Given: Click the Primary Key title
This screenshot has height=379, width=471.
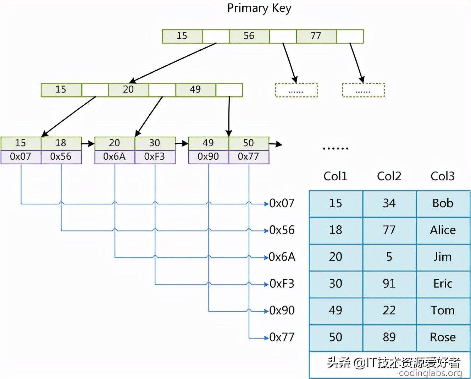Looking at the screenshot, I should point(259,8).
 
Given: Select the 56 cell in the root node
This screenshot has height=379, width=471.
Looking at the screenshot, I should point(249,36).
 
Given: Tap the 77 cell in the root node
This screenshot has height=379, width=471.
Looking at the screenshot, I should point(316,36).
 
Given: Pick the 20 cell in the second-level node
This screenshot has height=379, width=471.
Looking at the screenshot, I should point(128,90).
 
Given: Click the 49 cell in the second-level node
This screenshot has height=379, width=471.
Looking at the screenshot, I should point(195,90).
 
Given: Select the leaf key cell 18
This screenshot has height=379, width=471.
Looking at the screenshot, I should point(61,143).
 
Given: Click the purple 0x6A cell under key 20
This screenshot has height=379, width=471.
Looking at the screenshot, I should point(115,156).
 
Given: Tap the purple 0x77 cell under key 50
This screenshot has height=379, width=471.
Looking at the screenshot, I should point(249,156).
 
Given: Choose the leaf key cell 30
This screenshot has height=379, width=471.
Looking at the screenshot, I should point(155,143).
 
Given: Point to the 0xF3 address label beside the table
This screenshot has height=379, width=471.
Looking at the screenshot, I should point(282,284).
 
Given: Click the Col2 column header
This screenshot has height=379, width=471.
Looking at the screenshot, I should point(389,176).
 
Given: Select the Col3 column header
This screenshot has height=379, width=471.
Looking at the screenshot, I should point(442,176).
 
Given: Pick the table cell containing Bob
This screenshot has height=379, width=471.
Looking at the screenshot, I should point(443,203).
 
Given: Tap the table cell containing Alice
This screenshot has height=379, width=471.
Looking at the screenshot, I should point(443,230).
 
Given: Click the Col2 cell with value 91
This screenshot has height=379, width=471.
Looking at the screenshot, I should point(389,284).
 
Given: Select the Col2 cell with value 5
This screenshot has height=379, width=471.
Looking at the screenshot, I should point(389,257).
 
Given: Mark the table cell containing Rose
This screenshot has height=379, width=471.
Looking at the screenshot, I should point(443,337).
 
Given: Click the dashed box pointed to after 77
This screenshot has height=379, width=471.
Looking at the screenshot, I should point(363,90).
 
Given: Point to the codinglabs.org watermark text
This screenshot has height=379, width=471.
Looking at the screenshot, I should point(430,373).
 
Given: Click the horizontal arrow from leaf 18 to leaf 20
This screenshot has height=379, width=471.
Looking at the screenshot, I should point(88,144).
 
